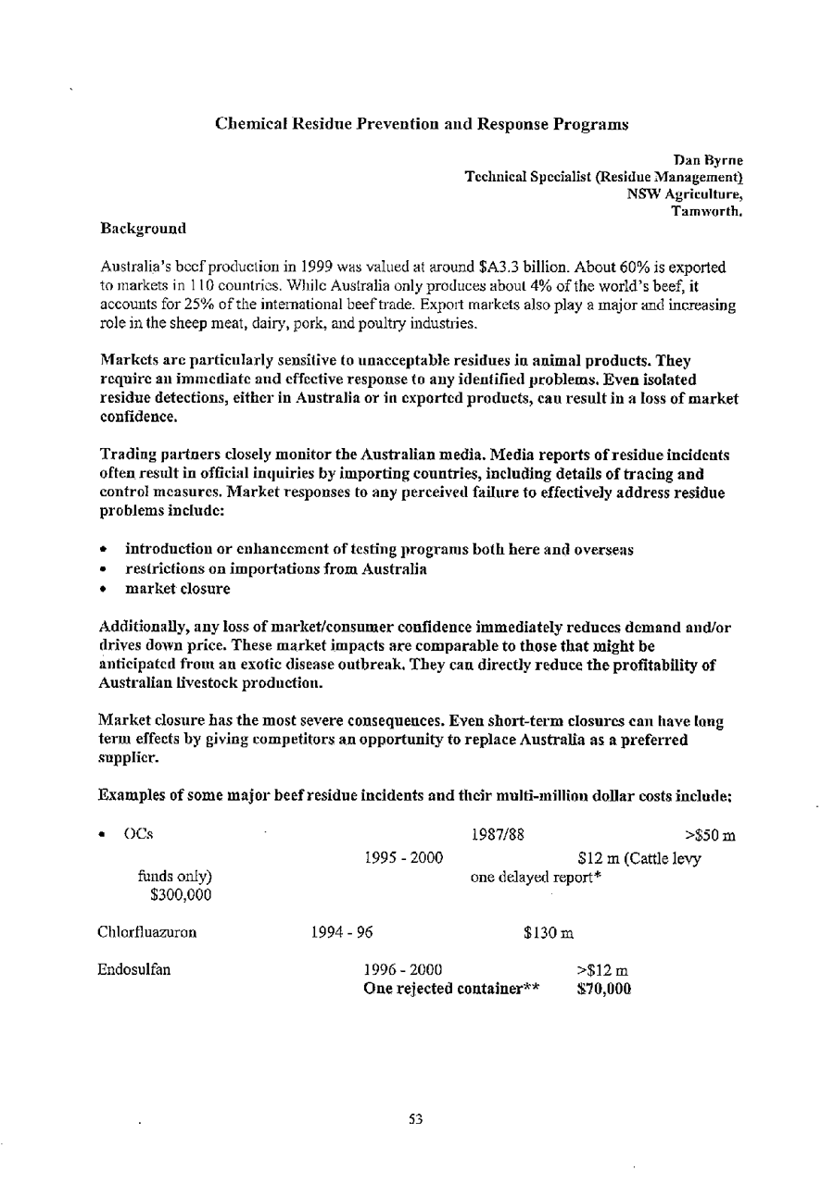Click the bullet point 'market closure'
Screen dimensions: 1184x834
click(x=178, y=588)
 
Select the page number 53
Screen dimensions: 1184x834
click(x=416, y=1119)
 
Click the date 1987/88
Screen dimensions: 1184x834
click(x=499, y=835)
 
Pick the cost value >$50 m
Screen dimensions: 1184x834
click(x=710, y=836)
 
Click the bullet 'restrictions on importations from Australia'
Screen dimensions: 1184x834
click(x=275, y=568)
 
